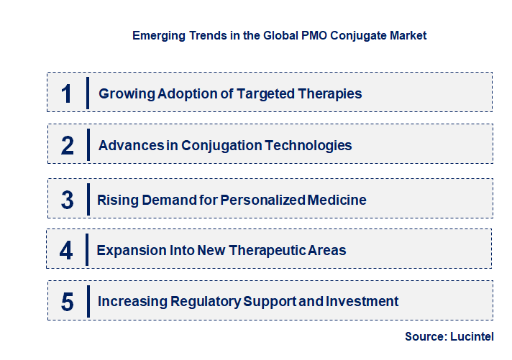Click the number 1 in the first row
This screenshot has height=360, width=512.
click(x=67, y=93)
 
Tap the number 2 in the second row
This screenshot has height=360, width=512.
click(x=68, y=145)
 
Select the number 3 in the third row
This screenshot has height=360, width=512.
click(x=68, y=200)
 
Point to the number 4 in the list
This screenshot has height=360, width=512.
click(x=67, y=251)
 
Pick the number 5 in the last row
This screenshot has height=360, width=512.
click(x=68, y=302)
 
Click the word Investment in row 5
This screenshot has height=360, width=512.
click(x=364, y=302)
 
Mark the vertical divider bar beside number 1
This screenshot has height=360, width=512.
click(x=87, y=93)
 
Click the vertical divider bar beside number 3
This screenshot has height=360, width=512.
click(x=87, y=198)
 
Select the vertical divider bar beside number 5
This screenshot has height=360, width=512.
click(x=87, y=301)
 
